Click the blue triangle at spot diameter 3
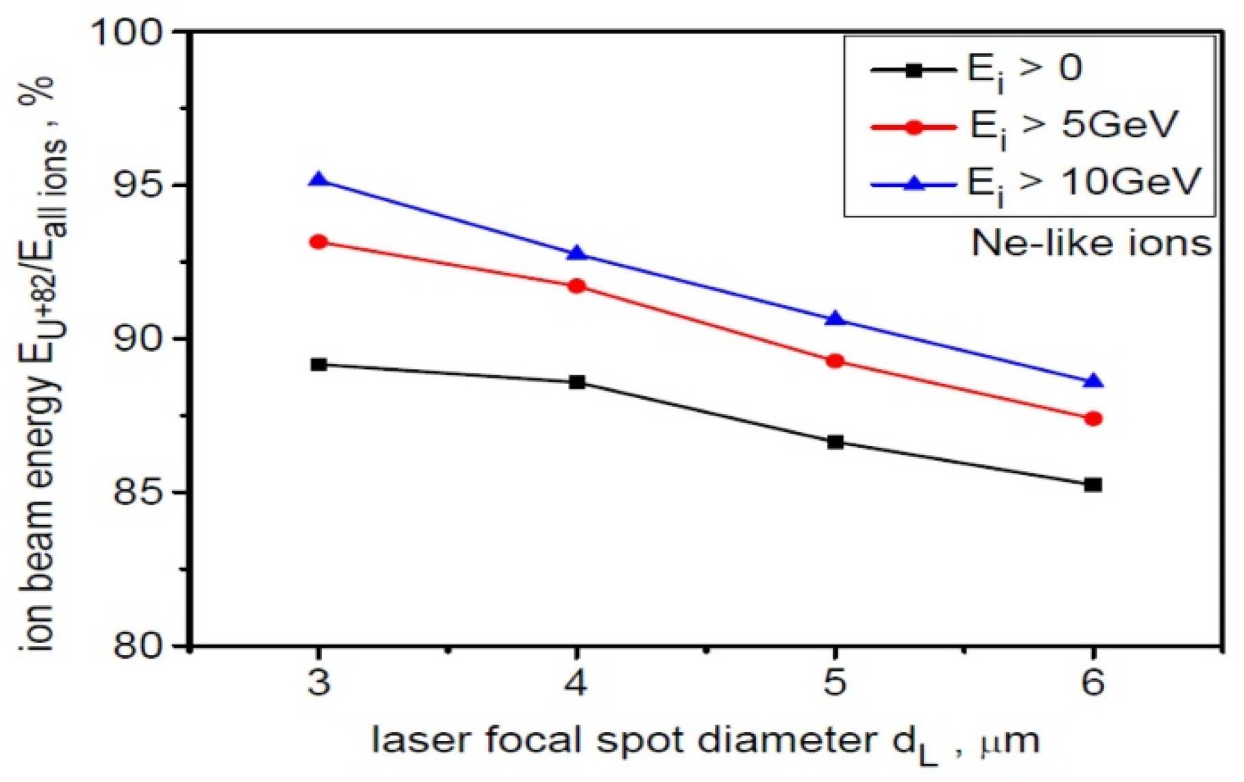[318, 180]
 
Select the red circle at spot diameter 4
[577, 286]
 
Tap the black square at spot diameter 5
[836, 442]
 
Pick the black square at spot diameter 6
[1093, 485]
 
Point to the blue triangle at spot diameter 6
[1094, 382]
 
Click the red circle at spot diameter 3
[319, 242]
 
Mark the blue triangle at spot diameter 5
[836, 319]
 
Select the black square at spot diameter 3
[319, 365]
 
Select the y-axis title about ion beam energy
[42, 363]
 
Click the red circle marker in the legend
[914, 127]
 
